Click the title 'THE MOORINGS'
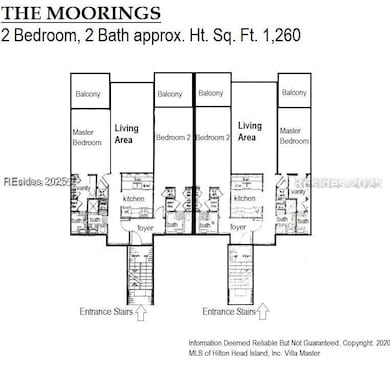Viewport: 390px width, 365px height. point(82,14)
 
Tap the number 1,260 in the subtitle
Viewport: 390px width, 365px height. point(278,36)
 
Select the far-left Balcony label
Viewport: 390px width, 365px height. point(88,94)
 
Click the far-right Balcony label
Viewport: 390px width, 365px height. point(295,93)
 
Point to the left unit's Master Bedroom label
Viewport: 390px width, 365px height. point(88,137)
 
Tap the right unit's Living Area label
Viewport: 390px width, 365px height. point(250,131)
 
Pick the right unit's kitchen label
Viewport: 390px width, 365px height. point(244,199)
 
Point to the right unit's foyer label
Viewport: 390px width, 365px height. point(238,227)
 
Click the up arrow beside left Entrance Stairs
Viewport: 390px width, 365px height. point(139,312)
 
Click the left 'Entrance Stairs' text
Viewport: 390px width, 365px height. point(105,312)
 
